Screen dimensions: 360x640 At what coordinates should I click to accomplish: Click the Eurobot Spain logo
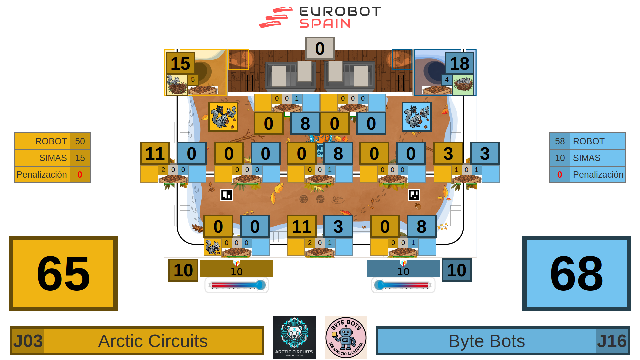(x=320, y=17)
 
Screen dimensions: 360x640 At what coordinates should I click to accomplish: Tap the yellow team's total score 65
(x=63, y=273)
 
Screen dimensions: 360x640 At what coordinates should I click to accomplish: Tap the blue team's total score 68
(x=576, y=273)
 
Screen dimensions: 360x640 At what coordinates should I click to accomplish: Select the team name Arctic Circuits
(x=153, y=341)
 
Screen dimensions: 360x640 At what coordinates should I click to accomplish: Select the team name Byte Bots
(x=487, y=341)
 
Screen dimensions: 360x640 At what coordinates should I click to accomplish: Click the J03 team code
(x=28, y=341)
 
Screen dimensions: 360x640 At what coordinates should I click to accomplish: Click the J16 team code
(x=612, y=341)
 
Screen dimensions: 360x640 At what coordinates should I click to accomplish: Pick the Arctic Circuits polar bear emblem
(x=294, y=337)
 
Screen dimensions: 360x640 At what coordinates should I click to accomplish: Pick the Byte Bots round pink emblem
(x=346, y=337)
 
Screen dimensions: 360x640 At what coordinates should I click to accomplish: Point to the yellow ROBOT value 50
(x=80, y=141)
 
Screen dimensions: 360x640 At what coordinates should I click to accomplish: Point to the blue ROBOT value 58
(x=560, y=141)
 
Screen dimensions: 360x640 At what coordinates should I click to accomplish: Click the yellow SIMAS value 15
(x=80, y=158)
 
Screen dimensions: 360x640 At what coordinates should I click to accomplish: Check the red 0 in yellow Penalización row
(x=80, y=175)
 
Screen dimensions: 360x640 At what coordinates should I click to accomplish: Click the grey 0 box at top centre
(x=320, y=49)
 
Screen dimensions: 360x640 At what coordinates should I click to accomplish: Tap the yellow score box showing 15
(x=180, y=63)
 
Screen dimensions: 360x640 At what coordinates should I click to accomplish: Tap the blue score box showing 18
(x=459, y=63)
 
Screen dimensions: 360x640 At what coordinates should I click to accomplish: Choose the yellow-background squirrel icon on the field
(x=223, y=117)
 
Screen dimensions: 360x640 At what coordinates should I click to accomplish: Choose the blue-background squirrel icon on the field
(x=417, y=117)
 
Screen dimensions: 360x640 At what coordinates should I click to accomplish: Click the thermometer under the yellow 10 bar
(x=237, y=285)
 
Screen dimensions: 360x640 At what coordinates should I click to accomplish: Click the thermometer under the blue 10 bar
(x=403, y=285)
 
